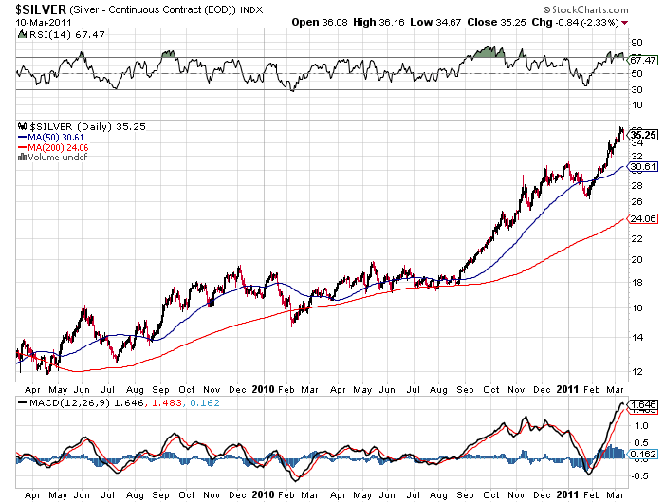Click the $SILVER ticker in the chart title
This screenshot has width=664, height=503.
(x=38, y=9)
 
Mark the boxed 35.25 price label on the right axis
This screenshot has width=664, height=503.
(x=644, y=135)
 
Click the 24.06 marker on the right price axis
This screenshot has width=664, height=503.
(x=644, y=218)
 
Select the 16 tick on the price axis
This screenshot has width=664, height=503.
(x=638, y=307)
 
